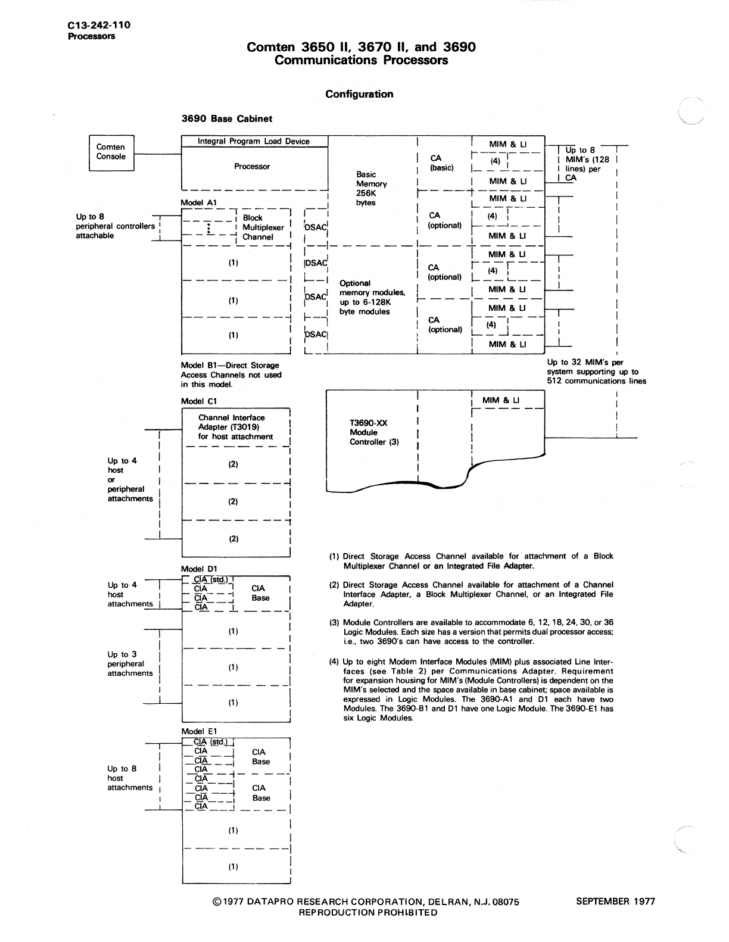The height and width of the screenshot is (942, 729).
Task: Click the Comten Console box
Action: coord(111,152)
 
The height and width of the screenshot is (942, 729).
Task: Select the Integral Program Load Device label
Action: coord(254,142)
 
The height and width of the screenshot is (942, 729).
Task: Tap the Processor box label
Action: coord(252,167)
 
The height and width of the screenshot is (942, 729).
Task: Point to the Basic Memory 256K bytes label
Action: coord(371,188)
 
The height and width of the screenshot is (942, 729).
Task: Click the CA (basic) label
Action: coord(441,163)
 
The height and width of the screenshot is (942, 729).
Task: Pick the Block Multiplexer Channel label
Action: coord(257,227)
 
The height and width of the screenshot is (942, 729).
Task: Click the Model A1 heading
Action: coord(199,202)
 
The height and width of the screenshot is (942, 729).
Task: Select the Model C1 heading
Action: coord(199,401)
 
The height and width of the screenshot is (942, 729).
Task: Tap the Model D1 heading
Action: coord(199,569)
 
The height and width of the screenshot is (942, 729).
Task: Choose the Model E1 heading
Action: coord(199,731)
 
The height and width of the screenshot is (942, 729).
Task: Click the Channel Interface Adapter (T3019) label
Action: coord(235,427)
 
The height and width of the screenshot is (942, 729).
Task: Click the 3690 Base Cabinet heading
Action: coord(227,118)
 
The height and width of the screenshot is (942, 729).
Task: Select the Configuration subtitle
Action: coord(359,94)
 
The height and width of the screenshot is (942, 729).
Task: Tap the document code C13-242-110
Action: coord(98,26)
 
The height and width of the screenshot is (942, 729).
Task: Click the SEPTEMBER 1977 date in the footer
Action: coord(615,901)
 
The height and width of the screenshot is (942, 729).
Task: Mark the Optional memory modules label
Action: coord(372,297)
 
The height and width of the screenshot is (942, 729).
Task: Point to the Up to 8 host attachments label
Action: coord(130,778)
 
